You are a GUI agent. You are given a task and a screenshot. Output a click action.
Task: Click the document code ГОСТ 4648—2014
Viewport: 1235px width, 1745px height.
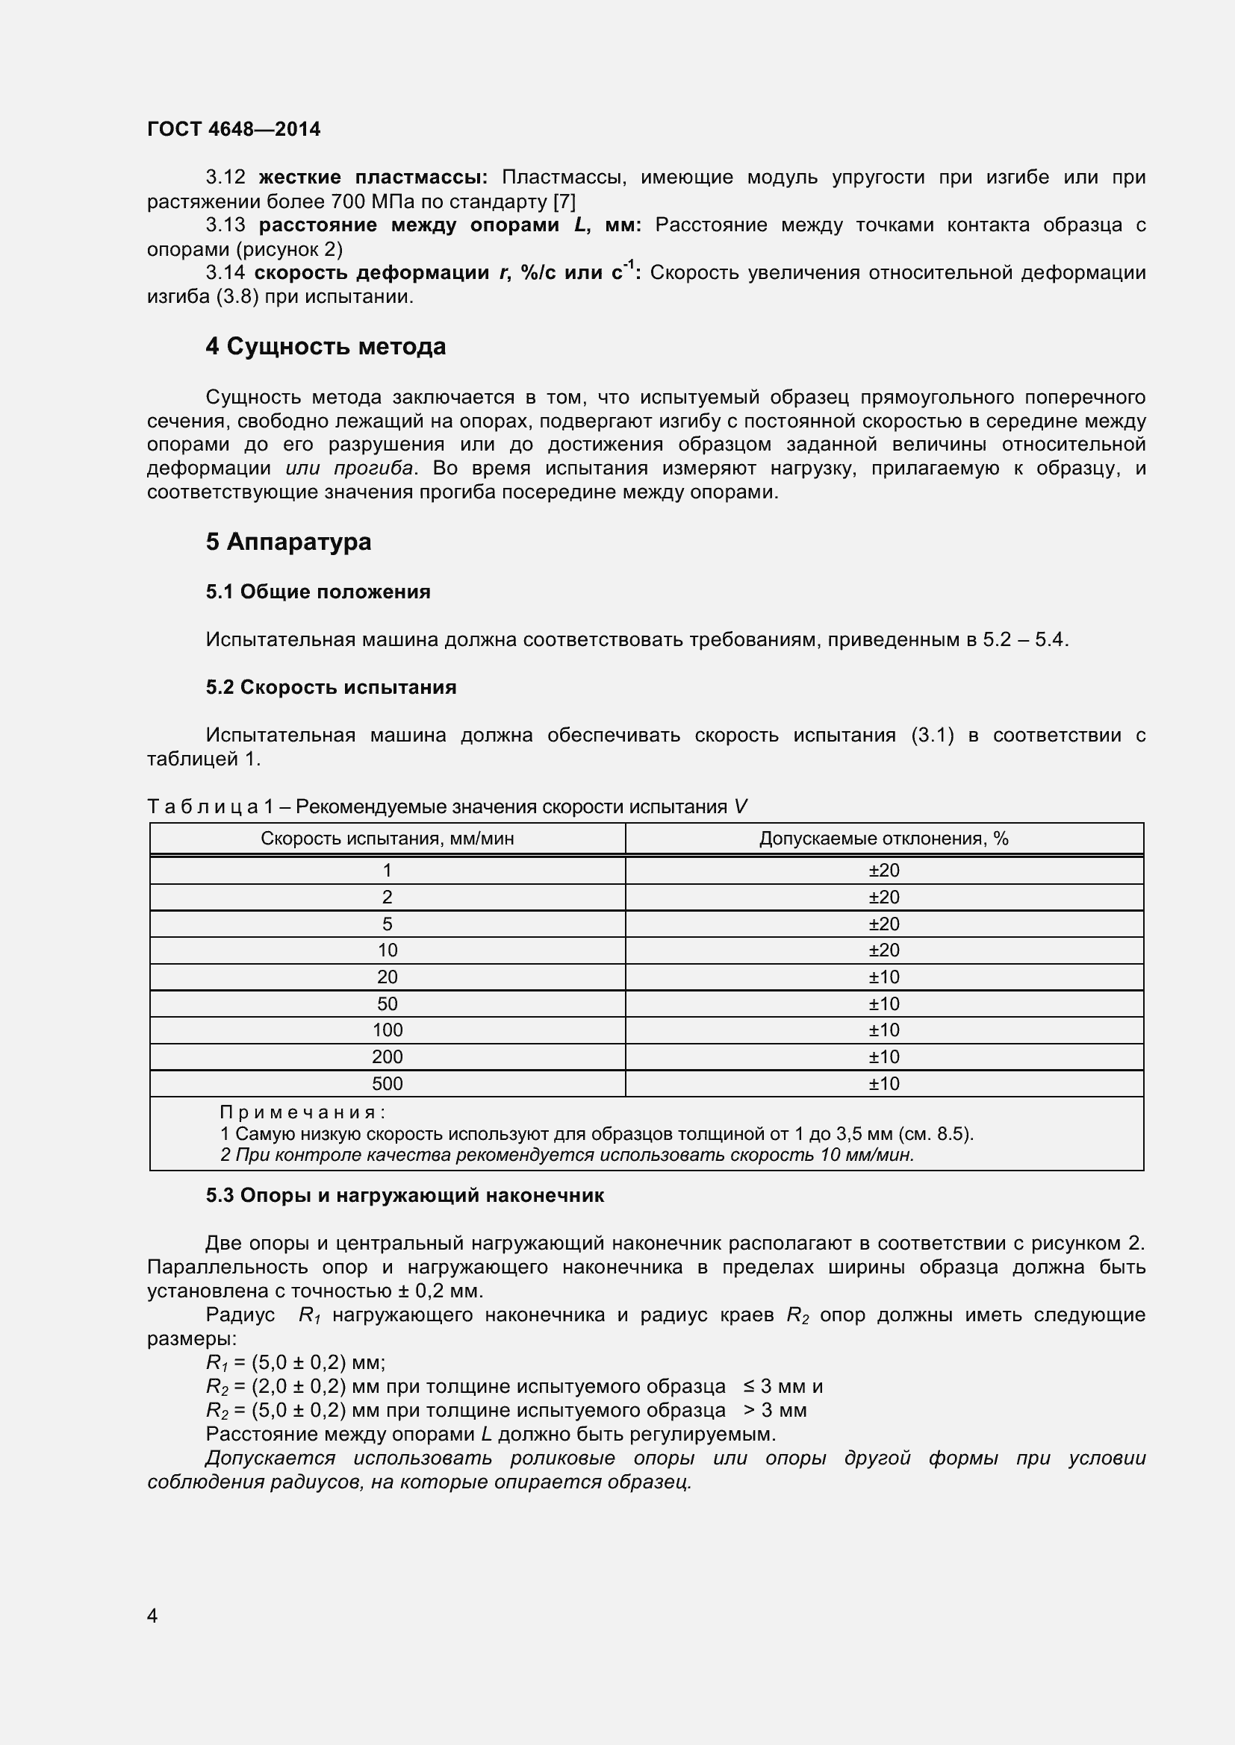[234, 129]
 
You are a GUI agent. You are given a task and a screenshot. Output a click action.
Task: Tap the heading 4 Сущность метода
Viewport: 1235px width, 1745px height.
[326, 347]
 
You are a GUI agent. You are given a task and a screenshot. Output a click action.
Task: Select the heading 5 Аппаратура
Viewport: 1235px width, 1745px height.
[288, 542]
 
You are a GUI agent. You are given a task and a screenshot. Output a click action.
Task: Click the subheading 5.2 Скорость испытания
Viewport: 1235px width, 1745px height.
[331, 687]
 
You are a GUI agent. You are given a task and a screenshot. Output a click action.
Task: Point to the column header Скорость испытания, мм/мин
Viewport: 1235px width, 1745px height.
[387, 839]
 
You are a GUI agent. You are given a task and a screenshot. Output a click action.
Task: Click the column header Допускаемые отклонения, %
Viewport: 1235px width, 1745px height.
[883, 839]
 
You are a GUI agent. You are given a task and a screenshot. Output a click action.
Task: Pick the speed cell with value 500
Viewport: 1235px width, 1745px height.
[387, 1083]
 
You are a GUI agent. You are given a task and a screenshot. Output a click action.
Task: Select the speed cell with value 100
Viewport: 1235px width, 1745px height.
[387, 1030]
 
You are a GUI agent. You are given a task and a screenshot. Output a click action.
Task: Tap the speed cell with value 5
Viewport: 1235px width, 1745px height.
[387, 924]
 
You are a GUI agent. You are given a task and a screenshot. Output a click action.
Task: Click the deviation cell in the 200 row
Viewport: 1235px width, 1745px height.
[883, 1056]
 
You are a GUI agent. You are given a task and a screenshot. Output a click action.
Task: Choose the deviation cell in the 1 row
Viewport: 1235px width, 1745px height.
[883, 870]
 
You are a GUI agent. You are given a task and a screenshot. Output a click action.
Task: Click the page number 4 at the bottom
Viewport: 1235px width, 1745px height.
[152, 1616]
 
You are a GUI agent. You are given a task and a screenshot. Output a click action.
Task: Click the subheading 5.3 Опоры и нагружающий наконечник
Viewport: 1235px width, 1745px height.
[405, 1195]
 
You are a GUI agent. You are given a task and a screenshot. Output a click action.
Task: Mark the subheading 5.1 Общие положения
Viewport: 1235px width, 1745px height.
[318, 592]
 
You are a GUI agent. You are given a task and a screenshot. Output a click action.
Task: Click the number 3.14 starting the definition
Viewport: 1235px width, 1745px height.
[225, 273]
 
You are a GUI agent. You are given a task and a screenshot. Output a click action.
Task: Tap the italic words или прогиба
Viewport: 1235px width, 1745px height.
[349, 469]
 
